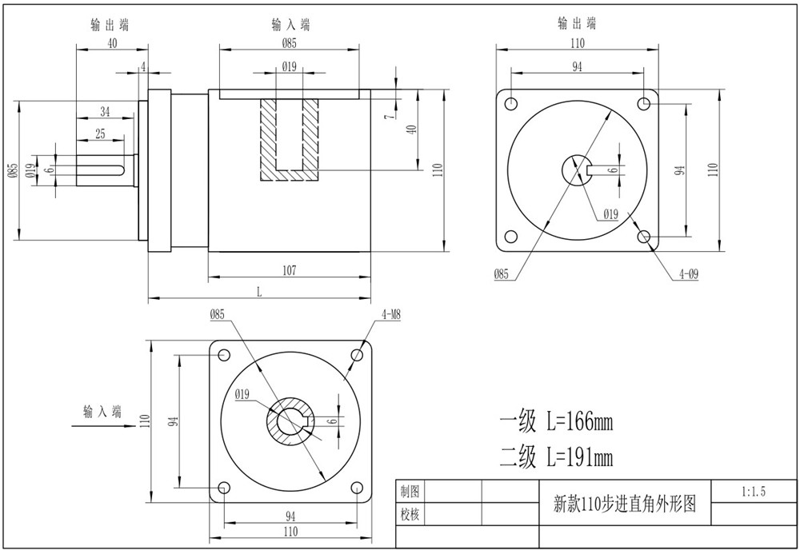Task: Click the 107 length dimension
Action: [290, 270]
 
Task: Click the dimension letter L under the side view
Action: [259, 292]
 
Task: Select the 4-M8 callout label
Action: [391, 314]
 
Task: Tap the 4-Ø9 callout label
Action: [688, 274]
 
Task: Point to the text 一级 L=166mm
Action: [556, 421]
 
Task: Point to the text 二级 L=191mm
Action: [556, 457]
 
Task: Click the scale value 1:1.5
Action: [753, 492]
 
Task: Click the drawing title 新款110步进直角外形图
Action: [625, 504]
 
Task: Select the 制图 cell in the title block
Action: [410, 492]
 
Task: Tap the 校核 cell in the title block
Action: [410, 514]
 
